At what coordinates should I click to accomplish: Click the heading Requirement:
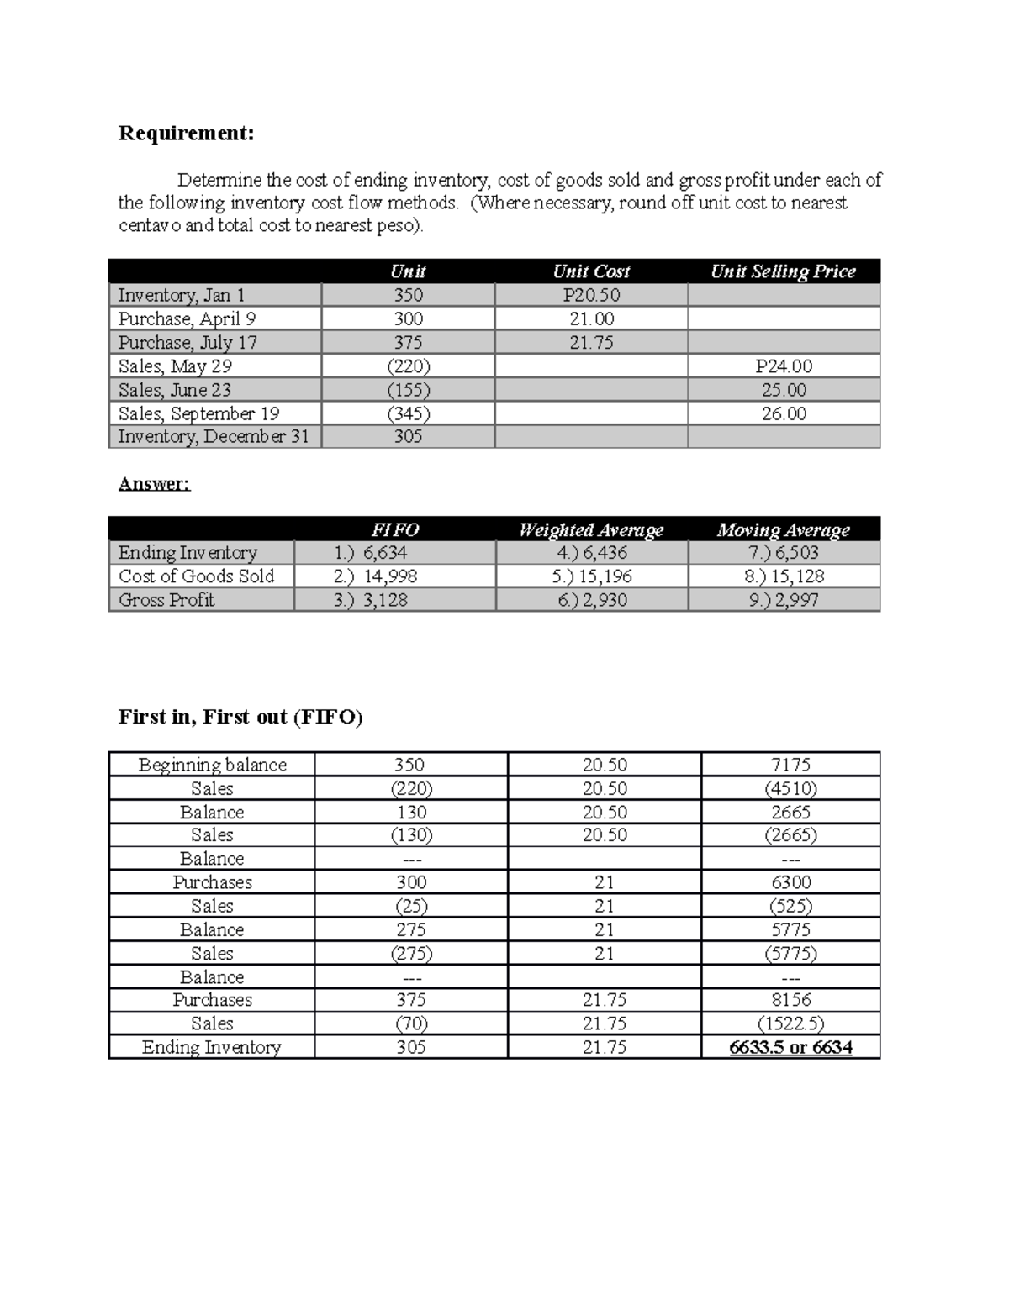(x=186, y=134)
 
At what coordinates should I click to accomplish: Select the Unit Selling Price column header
(x=783, y=271)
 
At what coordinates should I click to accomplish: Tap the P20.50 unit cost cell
(x=591, y=295)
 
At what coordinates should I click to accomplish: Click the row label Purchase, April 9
(x=187, y=318)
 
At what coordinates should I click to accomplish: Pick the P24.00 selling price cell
(x=784, y=366)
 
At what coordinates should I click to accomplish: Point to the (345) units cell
(x=409, y=413)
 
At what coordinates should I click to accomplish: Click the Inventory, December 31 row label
(x=214, y=437)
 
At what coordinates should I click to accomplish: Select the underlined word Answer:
(x=155, y=484)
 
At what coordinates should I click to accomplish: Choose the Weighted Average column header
(x=591, y=529)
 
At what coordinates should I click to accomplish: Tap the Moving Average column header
(x=783, y=529)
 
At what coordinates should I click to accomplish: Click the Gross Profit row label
(x=166, y=600)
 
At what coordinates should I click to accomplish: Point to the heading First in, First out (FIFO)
(x=240, y=717)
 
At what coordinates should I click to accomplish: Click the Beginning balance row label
(x=212, y=765)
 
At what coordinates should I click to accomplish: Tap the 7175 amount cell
(x=790, y=765)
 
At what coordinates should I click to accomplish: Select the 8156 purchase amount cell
(x=790, y=1000)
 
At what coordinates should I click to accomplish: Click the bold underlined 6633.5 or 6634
(x=790, y=1047)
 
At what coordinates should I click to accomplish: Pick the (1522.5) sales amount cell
(x=790, y=1023)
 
